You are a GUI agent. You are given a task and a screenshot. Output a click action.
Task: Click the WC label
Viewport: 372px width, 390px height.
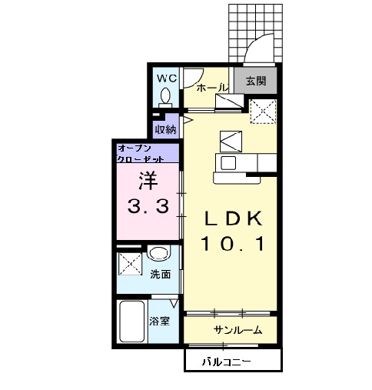pos(167,78)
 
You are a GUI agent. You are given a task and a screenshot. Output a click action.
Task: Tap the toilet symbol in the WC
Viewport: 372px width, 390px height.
pos(165,97)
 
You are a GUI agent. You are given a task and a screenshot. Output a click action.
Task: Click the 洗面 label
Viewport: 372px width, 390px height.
pos(160,274)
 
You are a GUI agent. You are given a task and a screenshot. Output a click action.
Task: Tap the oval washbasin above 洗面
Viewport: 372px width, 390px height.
pos(160,255)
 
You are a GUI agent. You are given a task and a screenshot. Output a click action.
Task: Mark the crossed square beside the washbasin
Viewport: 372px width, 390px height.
pos(129,264)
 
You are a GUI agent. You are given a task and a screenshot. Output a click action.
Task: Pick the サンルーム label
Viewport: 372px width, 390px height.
pos(238,330)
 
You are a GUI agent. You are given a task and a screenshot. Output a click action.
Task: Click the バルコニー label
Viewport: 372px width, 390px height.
pos(228,360)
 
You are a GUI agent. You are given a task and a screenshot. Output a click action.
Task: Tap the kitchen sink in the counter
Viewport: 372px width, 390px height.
pos(228,162)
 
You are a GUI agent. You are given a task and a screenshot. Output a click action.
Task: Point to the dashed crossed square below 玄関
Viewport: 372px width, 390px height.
pos(265,113)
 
